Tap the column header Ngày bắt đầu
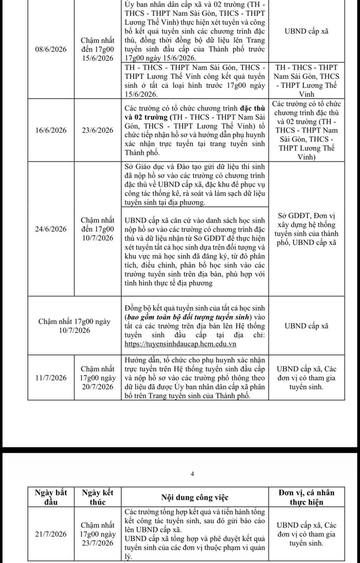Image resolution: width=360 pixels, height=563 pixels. [x=44, y=496]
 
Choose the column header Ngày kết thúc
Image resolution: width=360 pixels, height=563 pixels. [x=98, y=496]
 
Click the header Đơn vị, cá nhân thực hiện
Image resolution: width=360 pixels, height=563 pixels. [x=305, y=496]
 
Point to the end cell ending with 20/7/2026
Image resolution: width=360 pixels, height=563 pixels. [x=98, y=378]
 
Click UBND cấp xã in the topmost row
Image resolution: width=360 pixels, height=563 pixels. [x=305, y=31]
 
